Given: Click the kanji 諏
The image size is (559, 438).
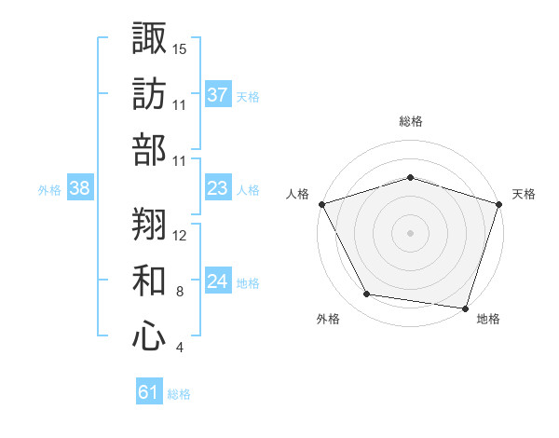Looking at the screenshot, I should pyautogui.click(x=150, y=40).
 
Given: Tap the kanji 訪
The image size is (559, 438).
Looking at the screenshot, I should pyautogui.click(x=150, y=95).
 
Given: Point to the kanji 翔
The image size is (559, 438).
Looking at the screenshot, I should pyautogui.click(x=150, y=226).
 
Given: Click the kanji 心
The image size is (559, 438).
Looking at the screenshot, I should pyautogui.click(x=150, y=336).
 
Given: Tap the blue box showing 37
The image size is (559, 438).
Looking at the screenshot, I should pyautogui.click(x=218, y=95).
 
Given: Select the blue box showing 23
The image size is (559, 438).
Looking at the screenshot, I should pyautogui.click(x=218, y=189).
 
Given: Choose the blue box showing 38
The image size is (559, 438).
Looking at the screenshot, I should pyautogui.click(x=80, y=189).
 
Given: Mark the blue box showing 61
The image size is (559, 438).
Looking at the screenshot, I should pyautogui.click(x=149, y=393).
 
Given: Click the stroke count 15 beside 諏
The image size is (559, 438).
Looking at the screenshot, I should pyautogui.click(x=180, y=48).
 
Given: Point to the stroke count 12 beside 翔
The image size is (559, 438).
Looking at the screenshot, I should pyautogui.click(x=180, y=235).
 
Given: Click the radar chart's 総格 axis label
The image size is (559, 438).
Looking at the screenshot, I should pyautogui.click(x=410, y=121).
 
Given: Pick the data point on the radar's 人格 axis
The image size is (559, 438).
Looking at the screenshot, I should pyautogui.click(x=321, y=203).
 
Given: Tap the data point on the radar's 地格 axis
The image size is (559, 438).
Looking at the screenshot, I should pyautogui.click(x=465, y=308).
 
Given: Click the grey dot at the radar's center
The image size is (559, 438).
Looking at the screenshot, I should pyautogui.click(x=410, y=232).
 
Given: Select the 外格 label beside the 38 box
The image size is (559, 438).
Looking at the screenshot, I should pyautogui.click(x=49, y=190).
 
